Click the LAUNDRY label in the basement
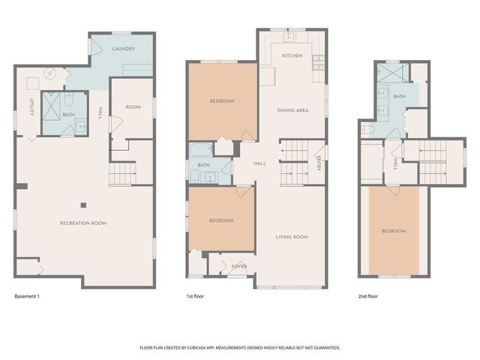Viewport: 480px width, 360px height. coord(123,49)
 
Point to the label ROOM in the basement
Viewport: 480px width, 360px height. coord(133,107)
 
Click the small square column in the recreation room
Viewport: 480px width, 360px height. coord(84,203)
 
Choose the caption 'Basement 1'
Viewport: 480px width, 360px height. coord(27,297)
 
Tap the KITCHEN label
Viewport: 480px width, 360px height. coord(292,56)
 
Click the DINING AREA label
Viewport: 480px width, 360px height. coord(292,111)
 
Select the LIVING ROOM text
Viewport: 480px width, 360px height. coord(292,237)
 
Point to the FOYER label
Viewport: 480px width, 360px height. coord(238,266)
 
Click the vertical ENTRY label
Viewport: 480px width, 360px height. coord(318,163)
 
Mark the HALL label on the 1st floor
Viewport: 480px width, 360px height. coord(259,163)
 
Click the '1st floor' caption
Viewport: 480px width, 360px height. coord(195,297)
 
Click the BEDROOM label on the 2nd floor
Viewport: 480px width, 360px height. coord(393,231)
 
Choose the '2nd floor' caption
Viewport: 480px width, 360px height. coord(367,297)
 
